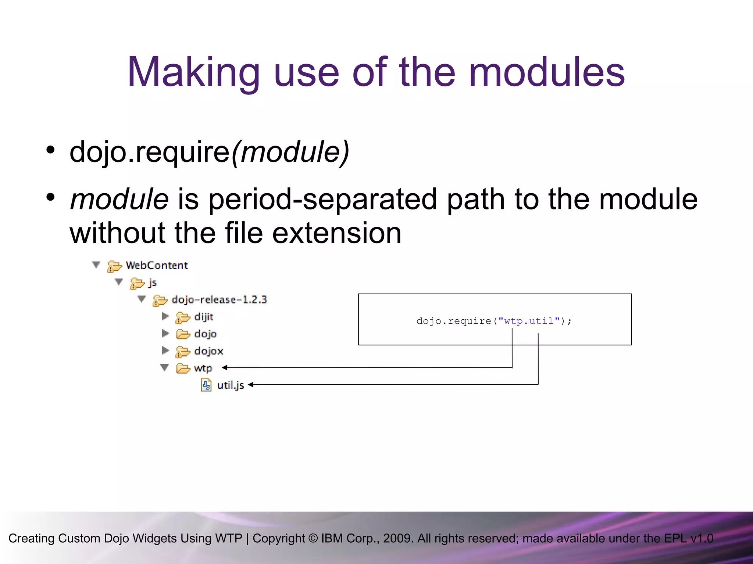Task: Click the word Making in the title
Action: pyautogui.click(x=194, y=72)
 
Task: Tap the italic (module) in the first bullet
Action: pyautogui.click(x=290, y=152)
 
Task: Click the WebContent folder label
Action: pyautogui.click(x=157, y=265)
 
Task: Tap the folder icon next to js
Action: pyautogui.click(x=137, y=283)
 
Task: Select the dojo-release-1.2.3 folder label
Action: pyautogui.click(x=219, y=300)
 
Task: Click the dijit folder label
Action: pyautogui.click(x=204, y=317)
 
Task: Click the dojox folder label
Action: pyautogui.click(x=208, y=351)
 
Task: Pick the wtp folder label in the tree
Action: pyautogui.click(x=203, y=368)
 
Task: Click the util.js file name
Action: pyautogui.click(x=231, y=385)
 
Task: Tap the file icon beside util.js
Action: pyautogui.click(x=206, y=385)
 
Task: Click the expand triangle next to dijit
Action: pyautogui.click(x=165, y=316)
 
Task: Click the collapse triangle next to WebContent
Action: pyautogui.click(x=96, y=265)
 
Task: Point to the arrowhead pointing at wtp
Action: pyautogui.click(x=225, y=367)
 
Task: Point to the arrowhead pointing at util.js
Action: pyautogui.click(x=251, y=385)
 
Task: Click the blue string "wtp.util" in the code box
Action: pyautogui.click(x=529, y=321)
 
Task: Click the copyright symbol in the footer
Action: pyautogui.click(x=313, y=538)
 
